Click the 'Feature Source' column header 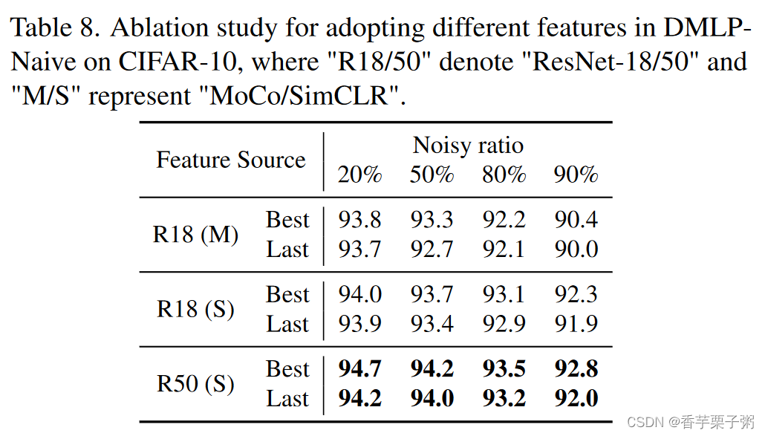tap(230, 160)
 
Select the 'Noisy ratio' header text tap(468, 145)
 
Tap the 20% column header tap(360, 175)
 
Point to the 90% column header tap(576, 175)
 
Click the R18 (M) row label tap(195, 235)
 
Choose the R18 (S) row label tap(195, 309)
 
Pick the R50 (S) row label tap(195, 384)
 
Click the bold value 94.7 tap(360, 369)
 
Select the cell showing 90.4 tap(576, 220)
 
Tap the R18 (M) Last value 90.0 tap(576, 250)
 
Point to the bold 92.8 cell tap(576, 369)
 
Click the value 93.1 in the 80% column tap(504, 295)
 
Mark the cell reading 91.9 tap(576, 324)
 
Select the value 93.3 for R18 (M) tap(432, 220)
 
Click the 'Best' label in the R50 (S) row tap(287, 369)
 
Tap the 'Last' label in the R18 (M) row tap(287, 250)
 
